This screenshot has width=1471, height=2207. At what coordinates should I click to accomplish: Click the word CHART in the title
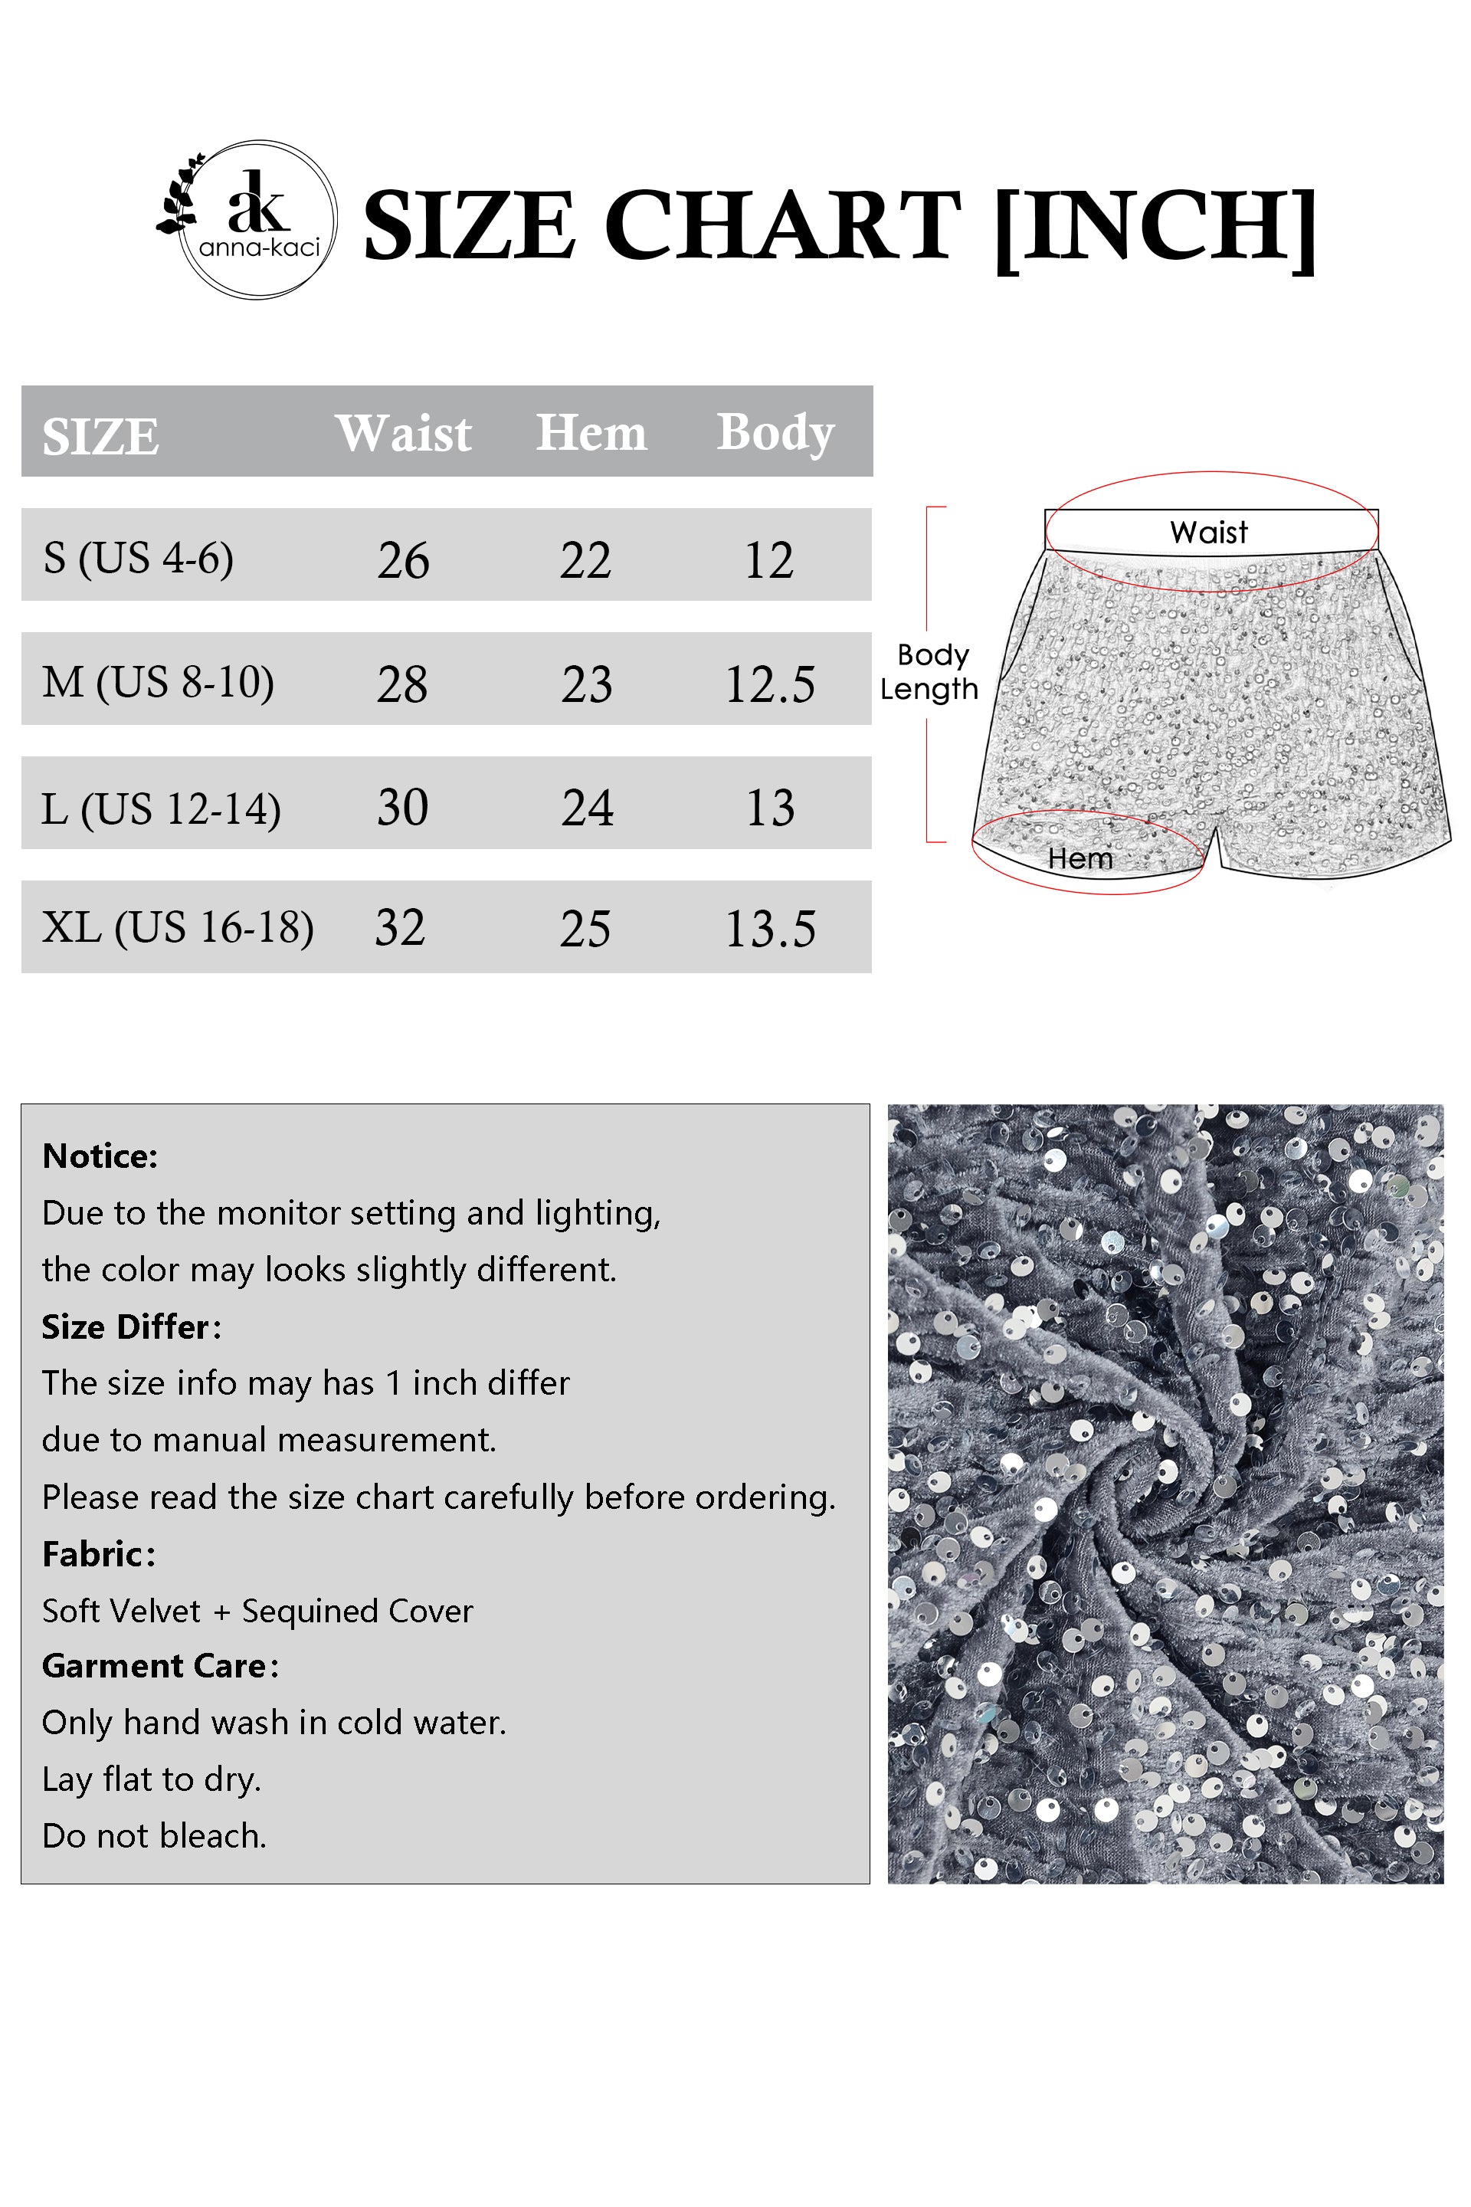pyautogui.click(x=782, y=225)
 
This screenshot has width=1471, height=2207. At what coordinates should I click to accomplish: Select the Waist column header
pyautogui.click(x=404, y=434)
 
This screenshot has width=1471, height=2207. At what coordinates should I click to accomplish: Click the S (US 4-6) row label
pyautogui.click(x=138, y=559)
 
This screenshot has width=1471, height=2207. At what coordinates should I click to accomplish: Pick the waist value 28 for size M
pyautogui.click(x=402, y=683)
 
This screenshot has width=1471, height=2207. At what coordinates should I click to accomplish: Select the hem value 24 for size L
pyautogui.click(x=588, y=808)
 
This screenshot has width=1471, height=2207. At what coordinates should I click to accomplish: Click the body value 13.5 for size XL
pyautogui.click(x=770, y=929)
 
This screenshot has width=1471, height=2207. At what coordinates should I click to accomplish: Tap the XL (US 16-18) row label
pyautogui.click(x=177, y=927)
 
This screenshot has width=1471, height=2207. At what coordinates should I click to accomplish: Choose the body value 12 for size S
pyautogui.click(x=768, y=560)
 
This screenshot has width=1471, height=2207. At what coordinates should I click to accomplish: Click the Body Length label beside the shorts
pyautogui.click(x=929, y=672)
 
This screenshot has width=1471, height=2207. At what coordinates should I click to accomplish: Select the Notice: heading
pyautogui.click(x=100, y=1156)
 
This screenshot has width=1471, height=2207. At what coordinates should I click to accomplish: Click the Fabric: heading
pyautogui.click(x=99, y=1554)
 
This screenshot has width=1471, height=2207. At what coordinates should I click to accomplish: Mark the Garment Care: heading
pyautogui.click(x=160, y=1665)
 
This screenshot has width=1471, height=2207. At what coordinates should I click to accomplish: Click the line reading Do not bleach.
pyautogui.click(x=155, y=1835)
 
